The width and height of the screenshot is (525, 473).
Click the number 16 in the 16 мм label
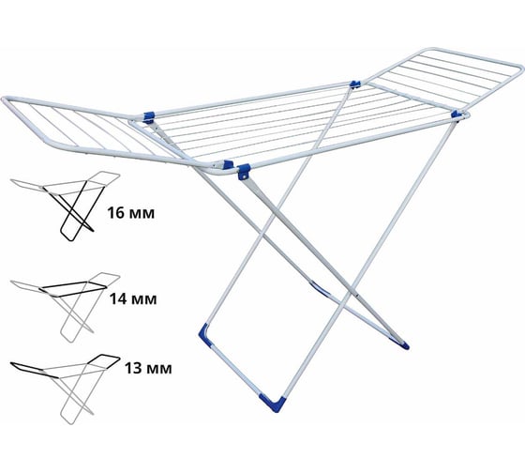pyautogui.click(x=115, y=212)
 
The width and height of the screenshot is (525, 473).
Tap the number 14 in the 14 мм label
pyautogui.click(x=118, y=298)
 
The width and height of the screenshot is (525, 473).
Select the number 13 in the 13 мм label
pyautogui.click(x=132, y=368)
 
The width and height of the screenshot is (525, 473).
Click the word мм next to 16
pyautogui.click(x=141, y=214)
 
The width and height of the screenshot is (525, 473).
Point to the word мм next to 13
pyautogui.click(x=157, y=369)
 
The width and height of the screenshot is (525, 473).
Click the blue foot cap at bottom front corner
pyautogui.click(x=273, y=403)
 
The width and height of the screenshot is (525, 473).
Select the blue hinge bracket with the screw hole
pyautogui.click(x=245, y=172)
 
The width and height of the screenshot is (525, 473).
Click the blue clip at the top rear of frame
pyautogui.click(x=355, y=84)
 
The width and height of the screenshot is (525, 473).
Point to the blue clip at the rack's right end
pyautogui.click(x=456, y=114)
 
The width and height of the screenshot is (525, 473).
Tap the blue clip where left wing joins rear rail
pyautogui.click(x=149, y=117)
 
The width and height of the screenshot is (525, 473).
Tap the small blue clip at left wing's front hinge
pyautogui.click(x=229, y=164)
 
